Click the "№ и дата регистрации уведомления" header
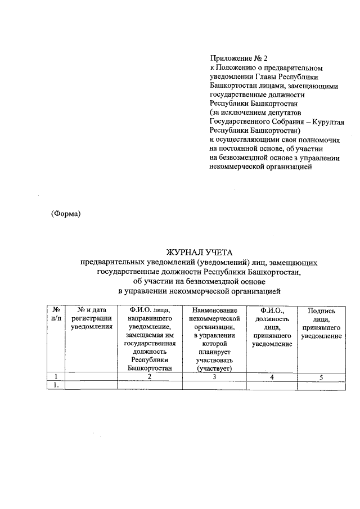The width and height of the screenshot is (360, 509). click(x=91, y=319)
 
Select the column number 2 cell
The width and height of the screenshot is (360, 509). click(x=150, y=377)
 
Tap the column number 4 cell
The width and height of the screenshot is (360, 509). click(x=271, y=377)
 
